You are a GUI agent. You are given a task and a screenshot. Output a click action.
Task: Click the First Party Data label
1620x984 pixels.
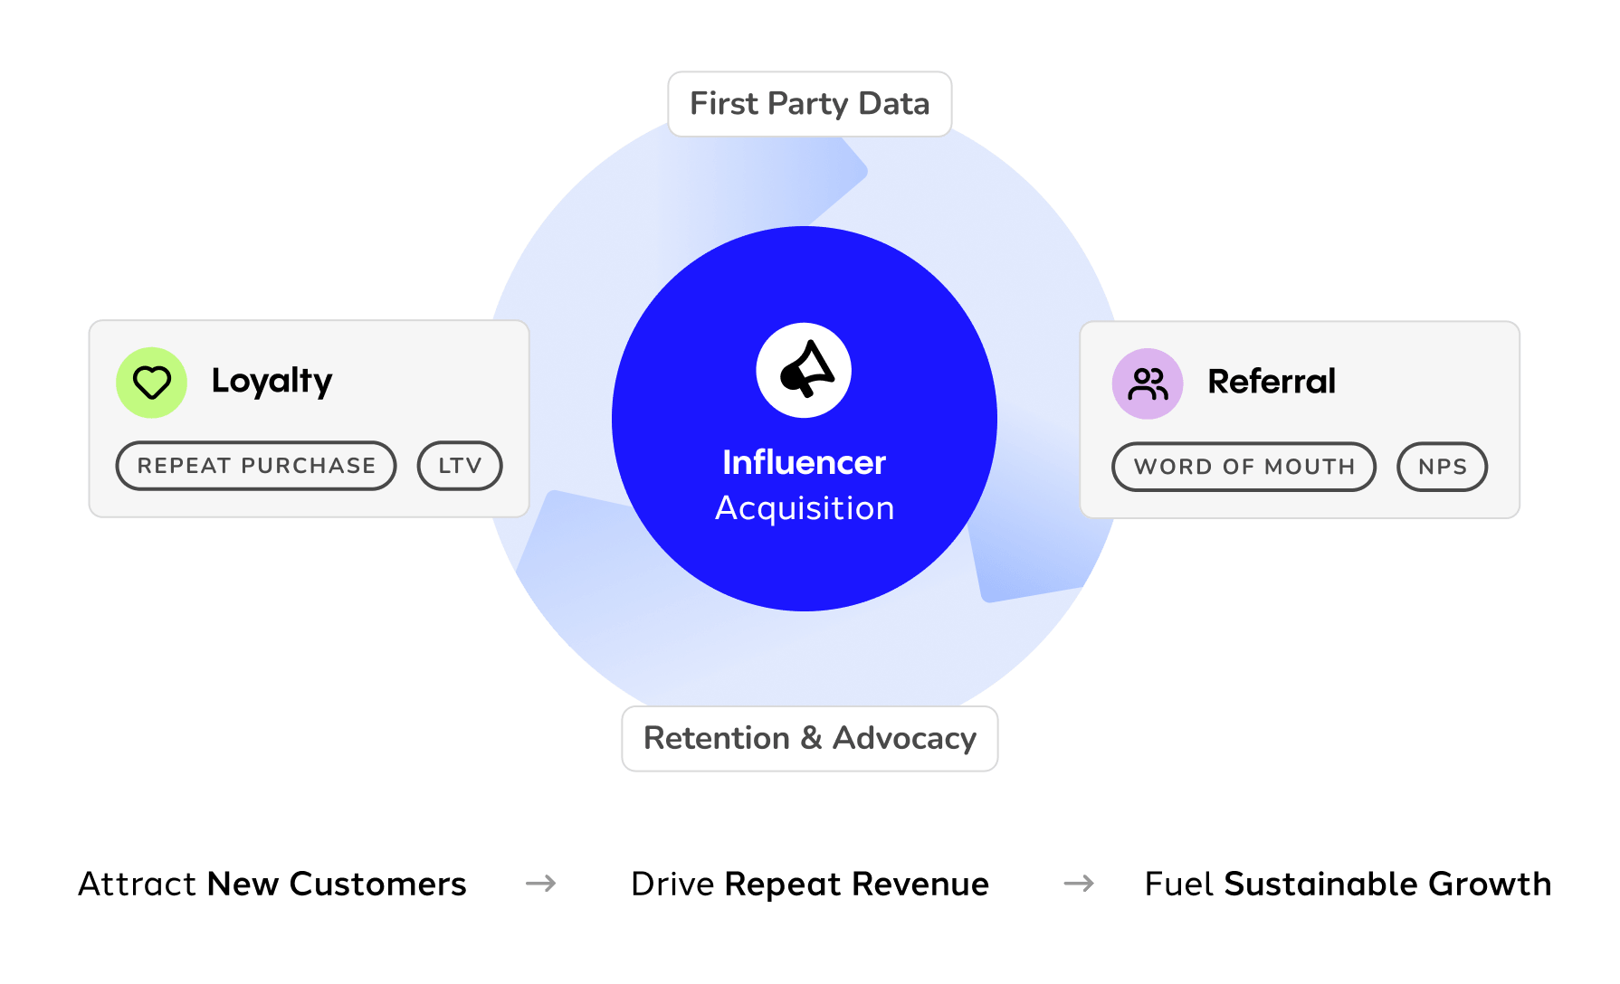[x=809, y=104]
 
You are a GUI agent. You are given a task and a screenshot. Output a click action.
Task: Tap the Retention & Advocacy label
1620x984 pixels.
[x=809, y=739]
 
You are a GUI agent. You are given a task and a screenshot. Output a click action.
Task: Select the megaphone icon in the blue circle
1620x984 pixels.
[x=804, y=370]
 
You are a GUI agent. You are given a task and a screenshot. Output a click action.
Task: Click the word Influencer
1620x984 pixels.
[x=804, y=463]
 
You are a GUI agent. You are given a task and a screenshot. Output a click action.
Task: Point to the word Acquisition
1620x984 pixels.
[x=805, y=508]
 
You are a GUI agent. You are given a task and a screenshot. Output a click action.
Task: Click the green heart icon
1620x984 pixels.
[x=151, y=383]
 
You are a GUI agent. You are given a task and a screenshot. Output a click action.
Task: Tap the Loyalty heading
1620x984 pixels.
[x=272, y=381]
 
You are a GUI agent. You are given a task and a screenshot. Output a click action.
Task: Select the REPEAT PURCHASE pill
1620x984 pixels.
[x=256, y=466]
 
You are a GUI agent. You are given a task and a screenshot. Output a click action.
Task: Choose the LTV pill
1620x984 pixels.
[x=460, y=466]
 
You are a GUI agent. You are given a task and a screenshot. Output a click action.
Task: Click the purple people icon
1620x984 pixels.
[x=1148, y=383]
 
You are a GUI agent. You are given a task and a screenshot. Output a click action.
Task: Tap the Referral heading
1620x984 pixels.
[x=1272, y=382]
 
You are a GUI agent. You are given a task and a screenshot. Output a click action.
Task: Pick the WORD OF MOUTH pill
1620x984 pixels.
[x=1244, y=467]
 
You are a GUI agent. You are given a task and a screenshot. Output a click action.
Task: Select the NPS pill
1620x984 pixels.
[x=1442, y=467]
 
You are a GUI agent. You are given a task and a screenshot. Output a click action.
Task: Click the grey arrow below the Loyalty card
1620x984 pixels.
[x=541, y=883]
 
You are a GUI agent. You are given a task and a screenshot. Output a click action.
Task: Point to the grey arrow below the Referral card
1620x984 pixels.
[x=1079, y=883]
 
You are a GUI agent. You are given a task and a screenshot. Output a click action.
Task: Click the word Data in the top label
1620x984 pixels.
[x=893, y=104]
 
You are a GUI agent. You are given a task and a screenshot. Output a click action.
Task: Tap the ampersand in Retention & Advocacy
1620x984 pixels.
[x=811, y=739]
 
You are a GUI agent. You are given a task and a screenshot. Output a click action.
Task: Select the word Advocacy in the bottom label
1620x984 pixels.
[x=904, y=739]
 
